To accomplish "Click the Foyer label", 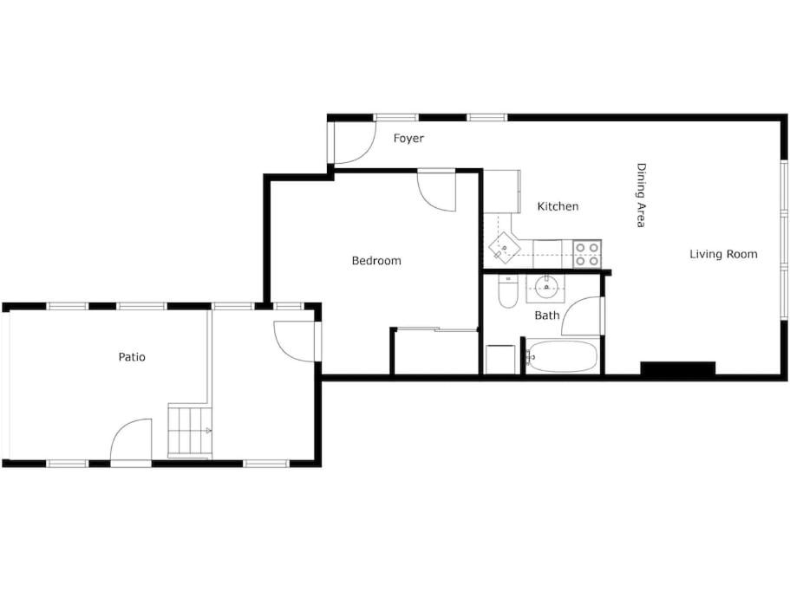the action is point(408,139).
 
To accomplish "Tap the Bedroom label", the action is point(376,261).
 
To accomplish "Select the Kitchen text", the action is point(558,206).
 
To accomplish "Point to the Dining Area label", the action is point(641,195).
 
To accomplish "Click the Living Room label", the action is point(723,254).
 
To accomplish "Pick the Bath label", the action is point(547,316).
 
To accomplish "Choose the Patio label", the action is point(132,357).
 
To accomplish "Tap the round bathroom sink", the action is point(545,288).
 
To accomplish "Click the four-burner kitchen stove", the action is point(587,254).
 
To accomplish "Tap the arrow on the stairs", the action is point(209,431).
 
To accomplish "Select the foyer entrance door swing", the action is point(354,144).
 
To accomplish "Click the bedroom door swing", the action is point(436,192).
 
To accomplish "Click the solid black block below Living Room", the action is point(677,368).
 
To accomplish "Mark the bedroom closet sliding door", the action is point(437,329).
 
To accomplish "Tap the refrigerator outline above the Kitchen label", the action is point(502,192).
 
